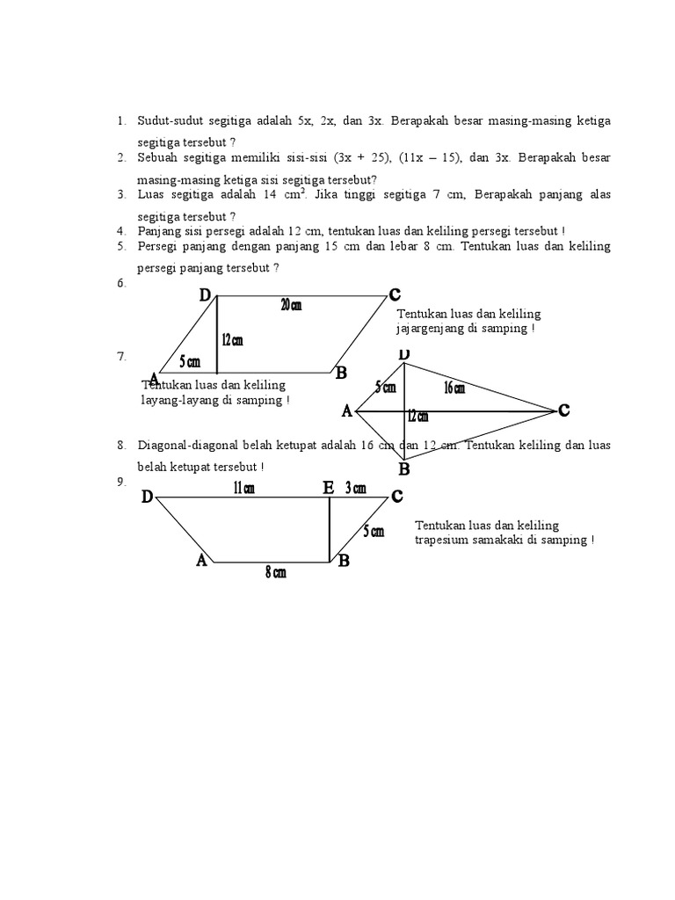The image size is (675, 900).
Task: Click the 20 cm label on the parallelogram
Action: tap(291, 305)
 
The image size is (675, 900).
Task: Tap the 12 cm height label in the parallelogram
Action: tap(232, 340)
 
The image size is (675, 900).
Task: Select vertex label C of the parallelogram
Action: tap(395, 294)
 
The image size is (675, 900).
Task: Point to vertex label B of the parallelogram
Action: tap(341, 374)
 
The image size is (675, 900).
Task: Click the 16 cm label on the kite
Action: tap(454, 388)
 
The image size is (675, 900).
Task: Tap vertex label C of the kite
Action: tap(563, 410)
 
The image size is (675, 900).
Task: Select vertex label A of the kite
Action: tap(346, 411)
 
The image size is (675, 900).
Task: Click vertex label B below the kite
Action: tap(404, 470)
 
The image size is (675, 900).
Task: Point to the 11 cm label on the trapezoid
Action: tap(243, 490)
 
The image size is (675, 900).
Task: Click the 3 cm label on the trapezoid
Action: tap(356, 489)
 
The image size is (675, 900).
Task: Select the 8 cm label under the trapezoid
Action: tap(275, 573)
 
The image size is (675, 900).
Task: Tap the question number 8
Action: tap(121, 446)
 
